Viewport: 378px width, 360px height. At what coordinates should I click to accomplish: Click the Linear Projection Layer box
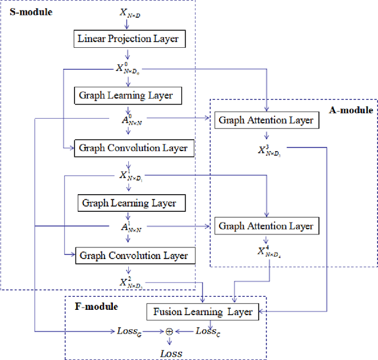128,40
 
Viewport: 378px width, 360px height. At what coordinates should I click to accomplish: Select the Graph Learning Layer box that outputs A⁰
127,94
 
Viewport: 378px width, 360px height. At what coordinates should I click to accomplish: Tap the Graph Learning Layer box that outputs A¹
129,203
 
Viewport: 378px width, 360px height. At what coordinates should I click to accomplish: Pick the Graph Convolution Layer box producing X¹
133,148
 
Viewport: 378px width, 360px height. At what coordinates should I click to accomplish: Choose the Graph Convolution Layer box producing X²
133,256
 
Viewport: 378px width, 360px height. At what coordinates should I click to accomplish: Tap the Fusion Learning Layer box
203,312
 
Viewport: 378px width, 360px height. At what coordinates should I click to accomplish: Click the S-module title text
30,11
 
